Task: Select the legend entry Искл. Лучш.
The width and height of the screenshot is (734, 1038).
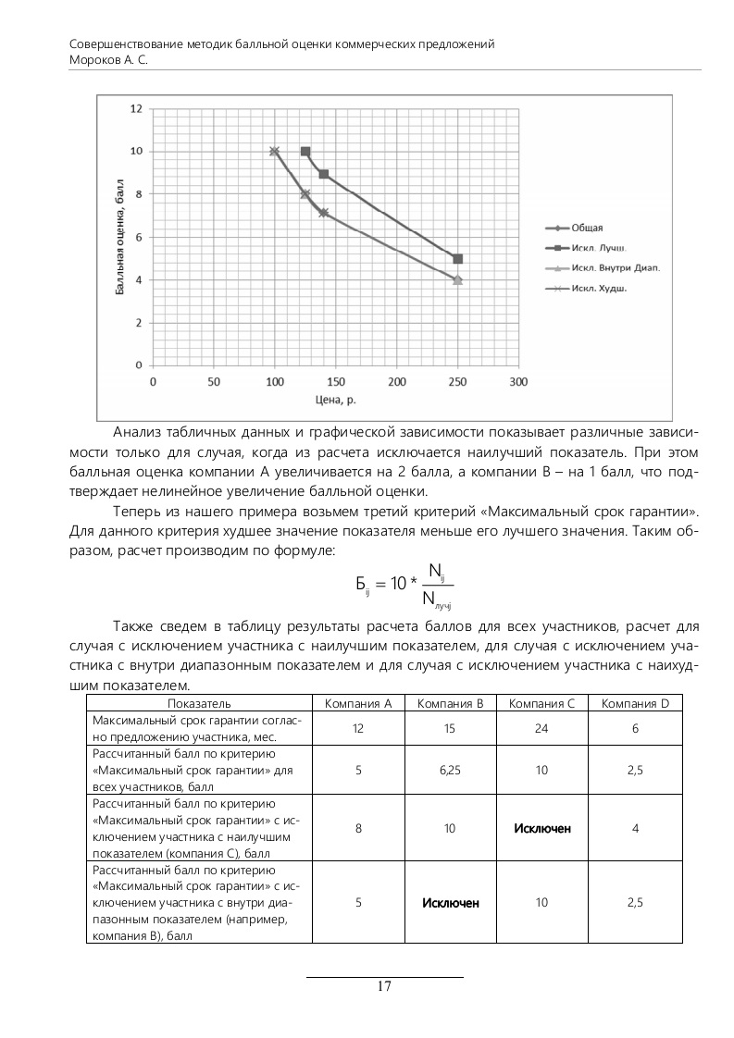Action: pos(597,248)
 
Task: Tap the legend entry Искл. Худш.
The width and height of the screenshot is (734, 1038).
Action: pos(599,289)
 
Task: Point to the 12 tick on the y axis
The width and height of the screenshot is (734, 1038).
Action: pos(136,108)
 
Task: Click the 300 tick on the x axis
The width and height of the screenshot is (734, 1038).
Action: pos(518,381)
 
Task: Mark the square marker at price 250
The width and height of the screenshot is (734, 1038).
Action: pos(457,259)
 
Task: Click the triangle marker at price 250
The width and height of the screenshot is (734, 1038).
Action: pos(457,279)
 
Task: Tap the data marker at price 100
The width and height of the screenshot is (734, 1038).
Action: pos(274,151)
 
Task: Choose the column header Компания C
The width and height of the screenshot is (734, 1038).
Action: pos(541,703)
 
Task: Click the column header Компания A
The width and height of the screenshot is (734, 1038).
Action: pos(358,703)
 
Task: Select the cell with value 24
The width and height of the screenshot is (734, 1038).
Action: pos(541,729)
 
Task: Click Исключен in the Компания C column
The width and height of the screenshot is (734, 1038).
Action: pos(541,828)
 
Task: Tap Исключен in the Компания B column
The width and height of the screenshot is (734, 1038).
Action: pos(450,902)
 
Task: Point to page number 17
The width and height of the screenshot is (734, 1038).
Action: pos(384,985)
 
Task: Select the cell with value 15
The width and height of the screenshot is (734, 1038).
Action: pos(450,729)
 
